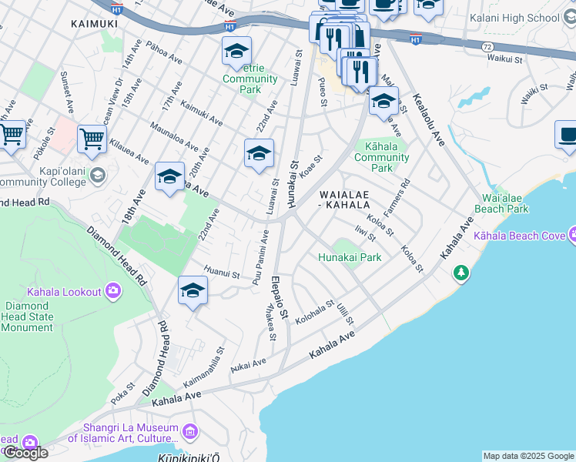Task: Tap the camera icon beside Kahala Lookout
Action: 113,291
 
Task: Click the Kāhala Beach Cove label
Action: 520,236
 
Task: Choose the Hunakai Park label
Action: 350,258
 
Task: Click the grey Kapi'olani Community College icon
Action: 97,176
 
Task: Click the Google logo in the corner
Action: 25,452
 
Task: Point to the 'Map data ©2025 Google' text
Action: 528,456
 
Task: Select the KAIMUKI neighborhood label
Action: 94,24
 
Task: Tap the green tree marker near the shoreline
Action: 460,272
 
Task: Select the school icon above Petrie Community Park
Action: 236,52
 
